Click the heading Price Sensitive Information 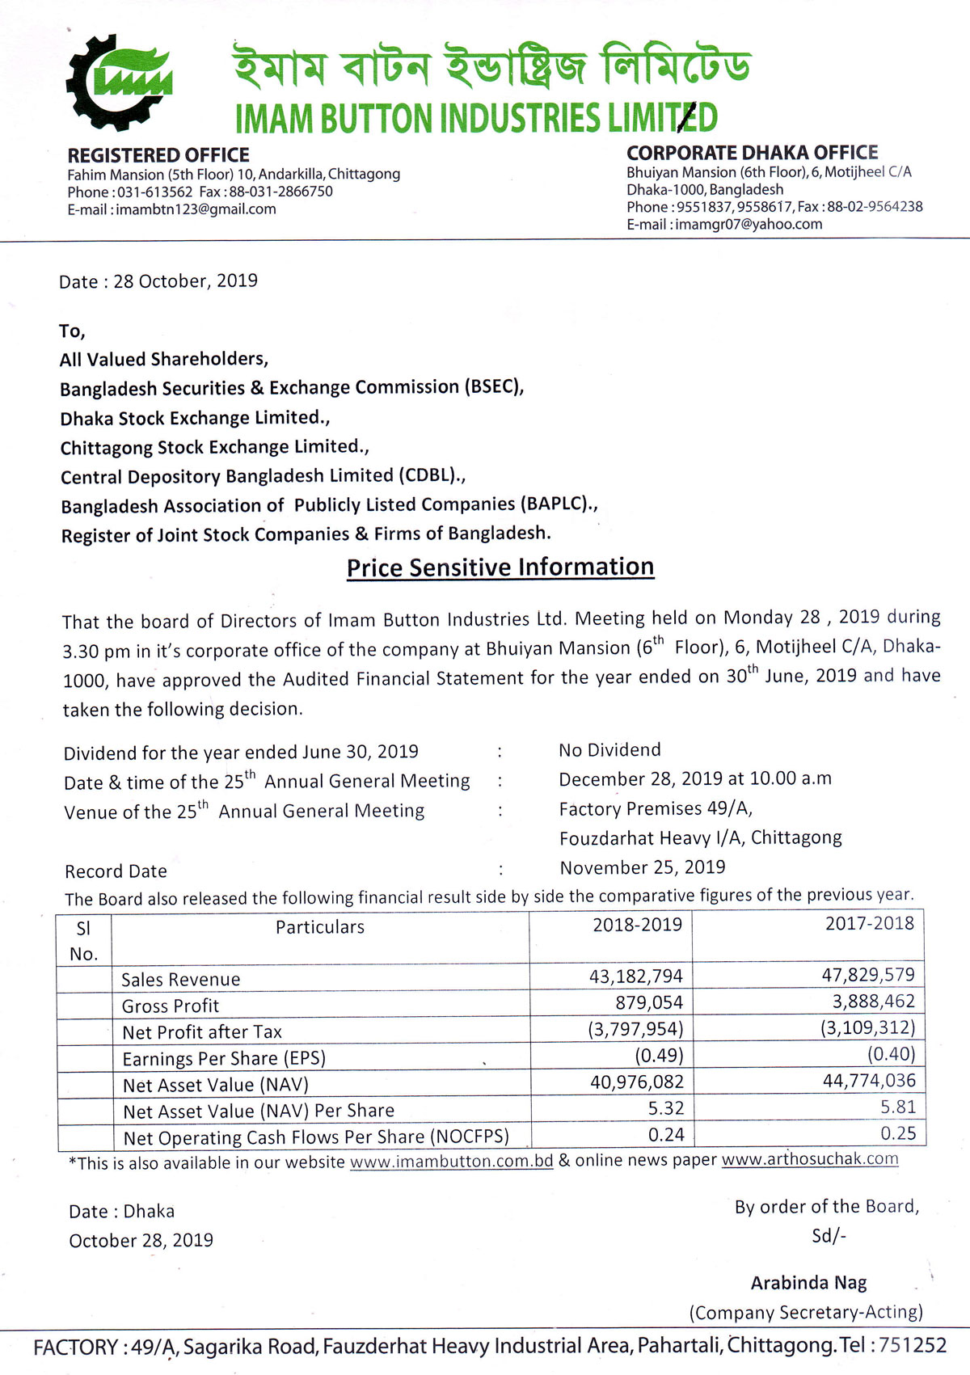[500, 567]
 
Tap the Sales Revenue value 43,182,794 [635, 976]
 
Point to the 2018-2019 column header [637, 925]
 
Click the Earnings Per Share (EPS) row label [224, 1058]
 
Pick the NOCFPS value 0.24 [666, 1135]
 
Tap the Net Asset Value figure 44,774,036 [869, 1081]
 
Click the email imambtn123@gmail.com [196, 209]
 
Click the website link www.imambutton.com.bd [451, 1162]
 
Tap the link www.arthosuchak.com [809, 1159]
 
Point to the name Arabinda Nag [808, 1283]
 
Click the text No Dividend [609, 750]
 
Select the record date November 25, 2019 [643, 867]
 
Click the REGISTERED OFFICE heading [158, 155]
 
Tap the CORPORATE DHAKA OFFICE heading [752, 153]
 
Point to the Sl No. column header [83, 940]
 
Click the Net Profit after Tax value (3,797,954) [635, 1029]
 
